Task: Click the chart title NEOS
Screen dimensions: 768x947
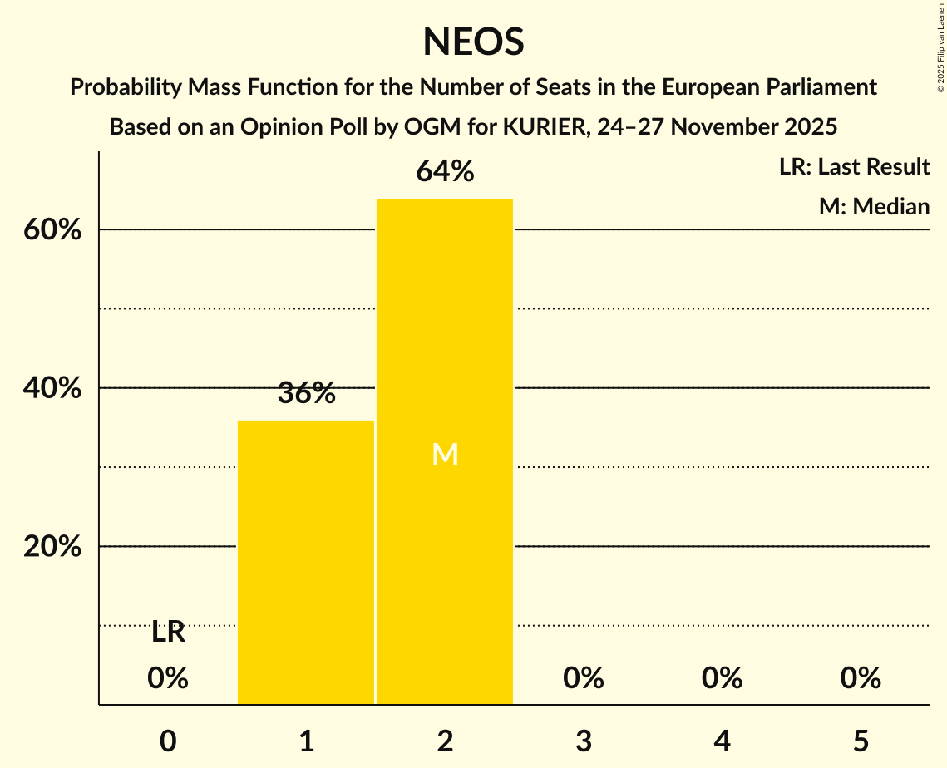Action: pyautogui.click(x=473, y=42)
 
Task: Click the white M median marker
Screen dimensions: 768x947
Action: pyautogui.click(x=445, y=454)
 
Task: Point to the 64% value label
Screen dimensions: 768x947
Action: pyautogui.click(x=445, y=172)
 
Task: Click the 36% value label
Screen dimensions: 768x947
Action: pyautogui.click(x=306, y=394)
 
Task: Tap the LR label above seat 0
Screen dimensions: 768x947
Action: pyautogui.click(x=168, y=633)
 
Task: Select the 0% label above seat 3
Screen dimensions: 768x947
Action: pyautogui.click(x=584, y=678)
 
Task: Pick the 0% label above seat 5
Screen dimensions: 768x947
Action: pyautogui.click(x=861, y=678)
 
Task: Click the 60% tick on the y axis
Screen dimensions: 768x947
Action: pyautogui.click(x=52, y=230)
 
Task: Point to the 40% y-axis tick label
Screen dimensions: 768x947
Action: pyautogui.click(x=52, y=388)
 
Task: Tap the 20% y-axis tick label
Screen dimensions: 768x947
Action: pyautogui.click(x=52, y=547)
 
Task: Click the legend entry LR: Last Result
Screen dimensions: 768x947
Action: pyautogui.click(x=854, y=167)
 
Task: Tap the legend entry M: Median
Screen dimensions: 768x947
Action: pyautogui.click(x=874, y=206)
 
